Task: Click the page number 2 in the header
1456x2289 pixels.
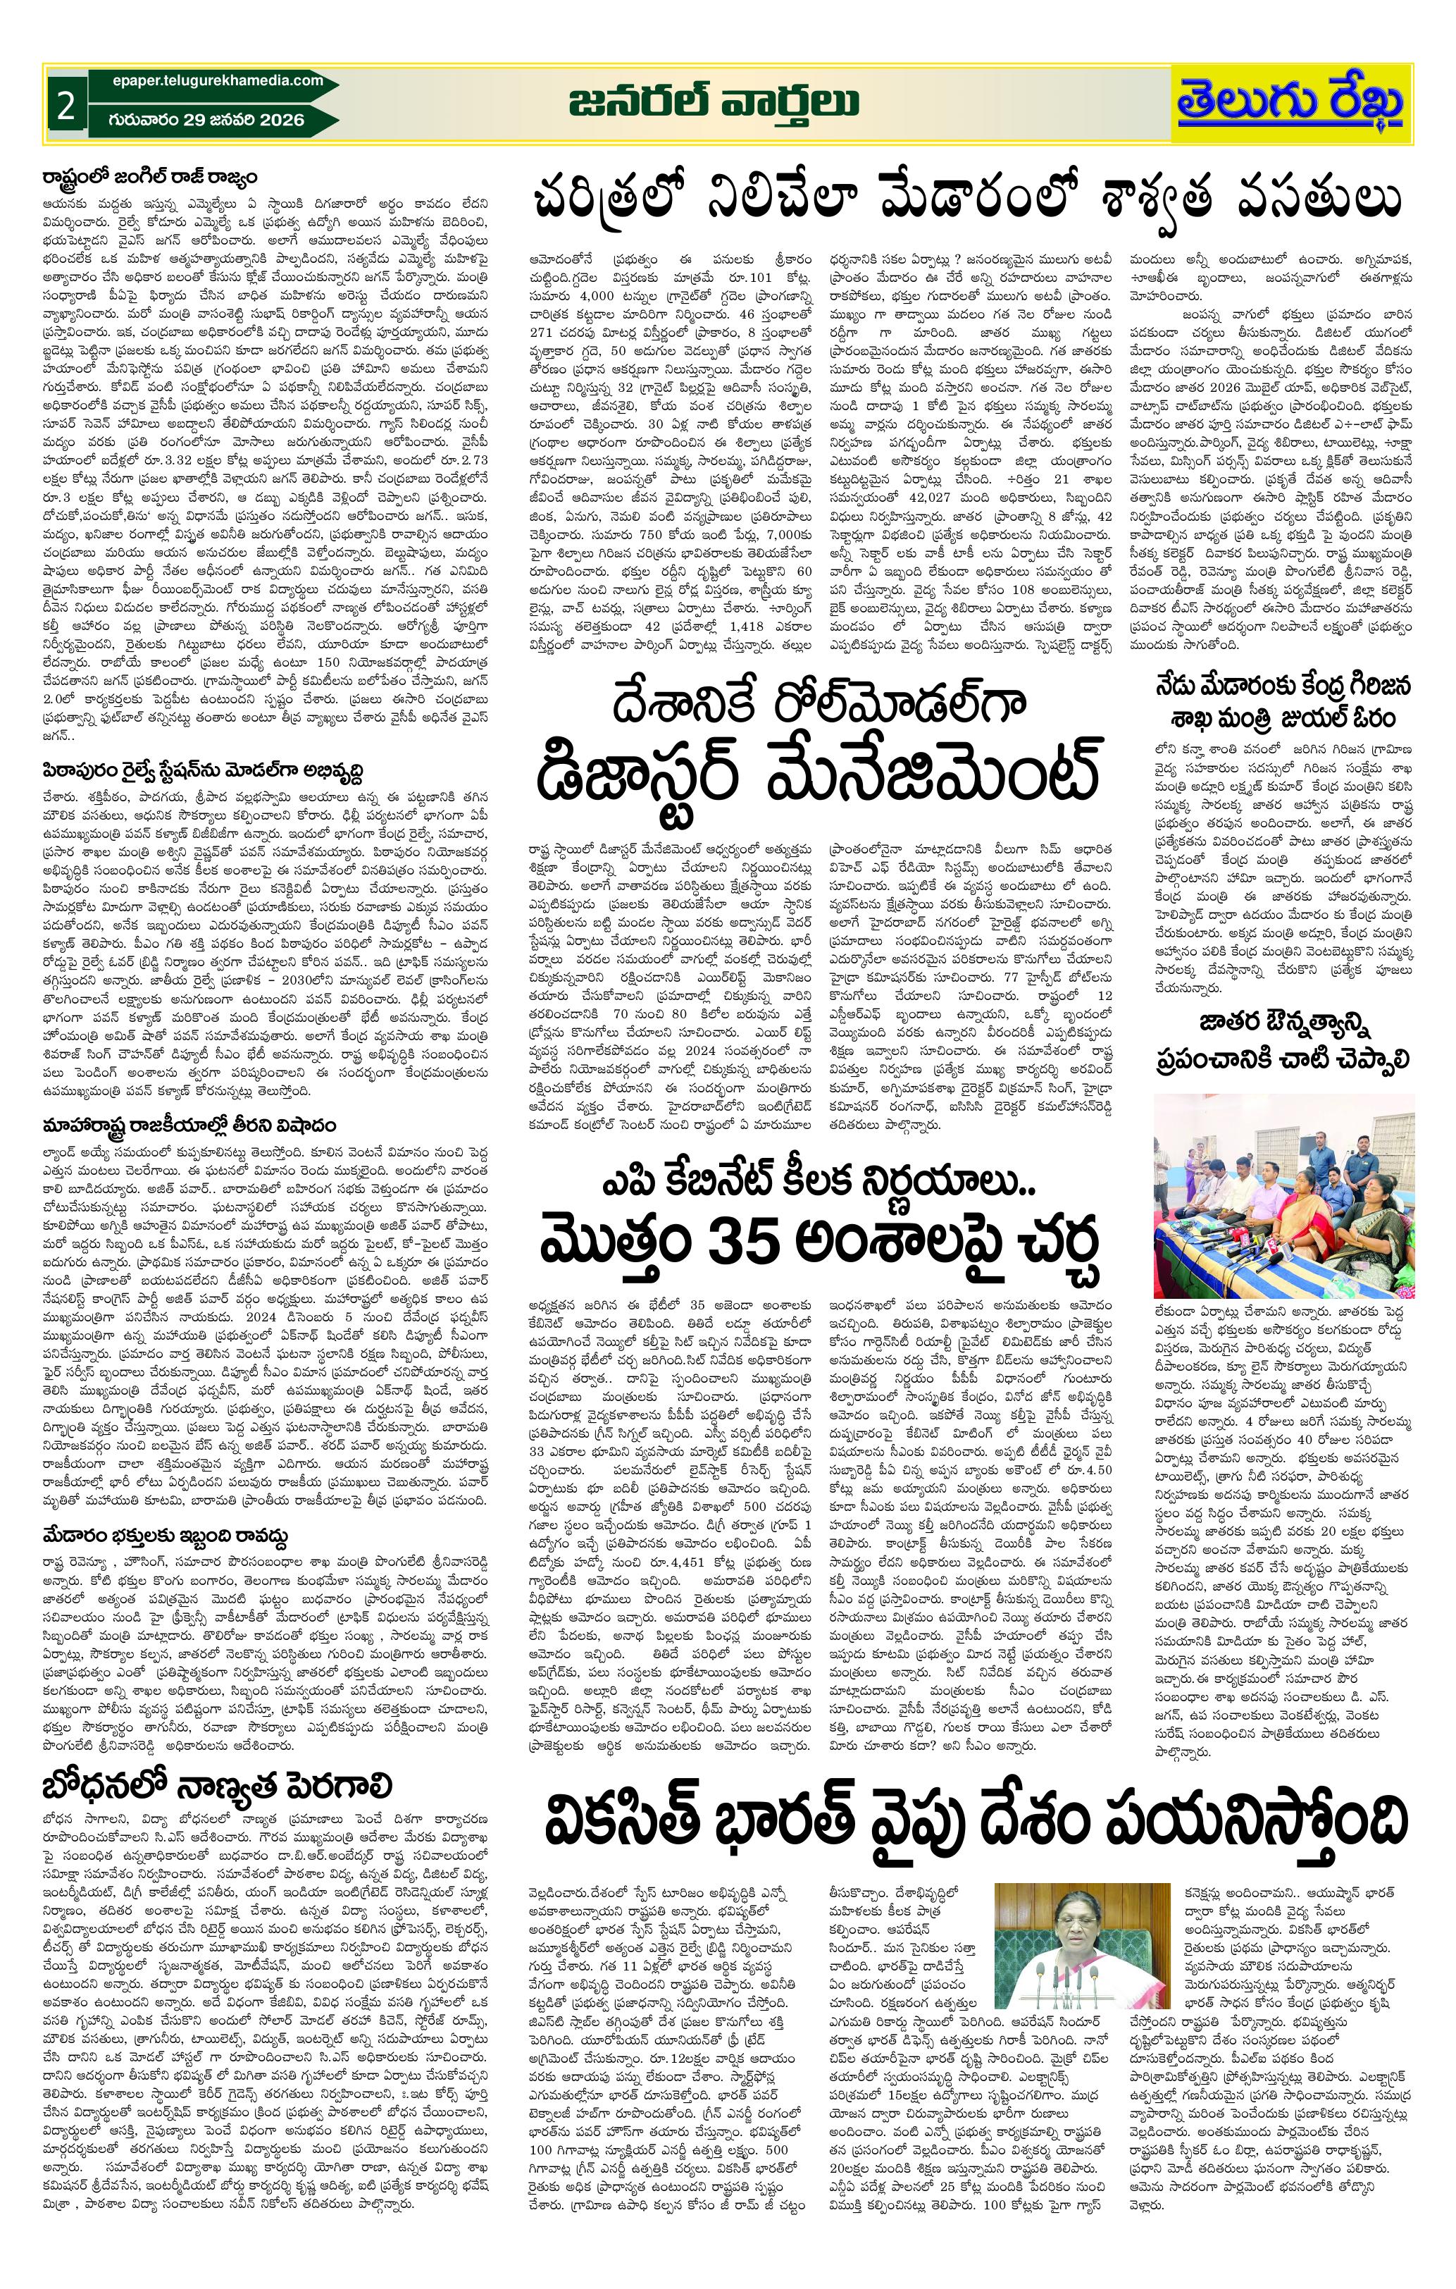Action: tap(65, 106)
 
